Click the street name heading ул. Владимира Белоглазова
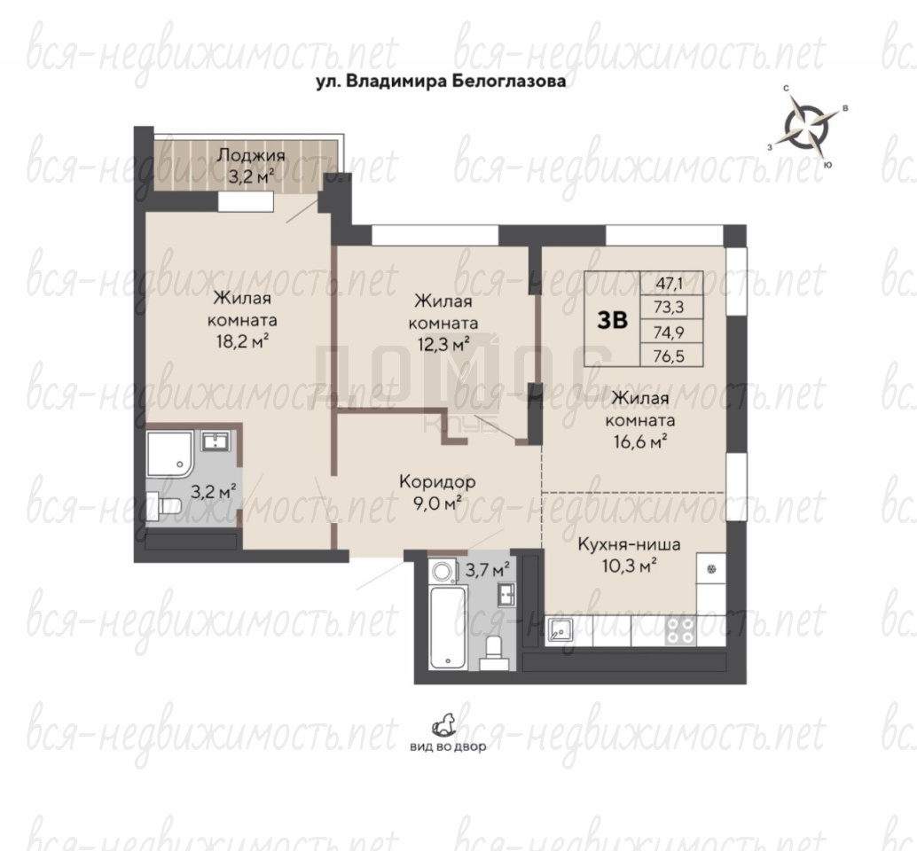click(441, 82)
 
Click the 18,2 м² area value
click(243, 341)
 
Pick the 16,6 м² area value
click(640, 441)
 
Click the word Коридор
click(437, 481)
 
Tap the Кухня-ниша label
click(630, 544)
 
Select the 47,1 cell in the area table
click(671, 284)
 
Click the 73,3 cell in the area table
click(671, 308)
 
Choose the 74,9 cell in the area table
click(671, 332)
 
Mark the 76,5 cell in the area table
click(671, 355)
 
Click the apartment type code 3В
click(612, 320)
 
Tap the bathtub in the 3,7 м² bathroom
click(448, 628)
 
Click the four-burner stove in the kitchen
click(680, 631)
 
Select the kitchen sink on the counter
click(560, 630)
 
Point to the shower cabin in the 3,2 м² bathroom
click(170, 454)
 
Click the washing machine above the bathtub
click(443, 572)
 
